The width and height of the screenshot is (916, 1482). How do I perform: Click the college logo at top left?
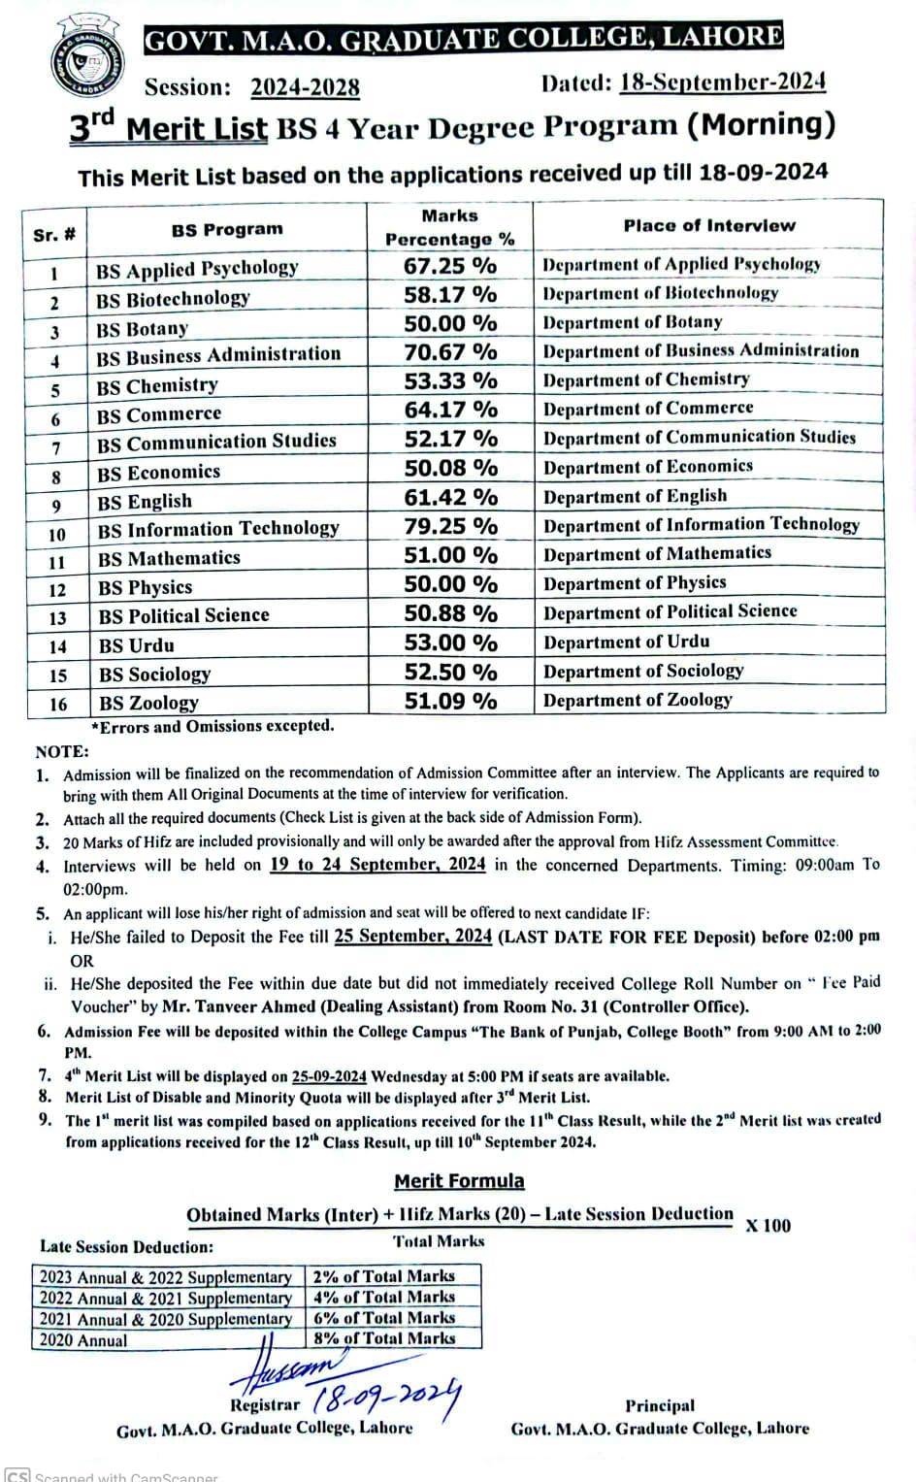[x=83, y=60]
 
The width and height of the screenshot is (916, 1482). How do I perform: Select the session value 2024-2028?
[x=305, y=87]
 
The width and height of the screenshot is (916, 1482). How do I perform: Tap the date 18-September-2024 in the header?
[x=722, y=82]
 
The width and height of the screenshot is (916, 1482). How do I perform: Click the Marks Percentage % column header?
[x=449, y=228]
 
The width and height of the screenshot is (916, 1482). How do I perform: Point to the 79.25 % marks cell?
[x=450, y=526]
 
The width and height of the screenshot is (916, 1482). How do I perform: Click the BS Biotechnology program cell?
[x=173, y=299]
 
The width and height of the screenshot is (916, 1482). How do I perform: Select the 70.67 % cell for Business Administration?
[x=450, y=351]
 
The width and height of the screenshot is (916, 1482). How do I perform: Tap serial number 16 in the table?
[x=57, y=704]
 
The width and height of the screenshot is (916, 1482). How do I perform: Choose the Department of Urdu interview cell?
[x=626, y=642]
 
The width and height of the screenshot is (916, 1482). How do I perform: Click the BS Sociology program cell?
[x=154, y=675]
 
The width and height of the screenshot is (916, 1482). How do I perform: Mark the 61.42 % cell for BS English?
[x=450, y=497]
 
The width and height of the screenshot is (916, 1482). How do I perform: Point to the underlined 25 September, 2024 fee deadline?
[x=413, y=937]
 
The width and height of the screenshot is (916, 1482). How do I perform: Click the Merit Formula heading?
[x=459, y=1181]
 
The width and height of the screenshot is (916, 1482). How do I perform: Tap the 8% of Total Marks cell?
[x=384, y=1338]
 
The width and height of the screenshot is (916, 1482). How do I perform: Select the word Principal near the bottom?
[x=660, y=1405]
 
